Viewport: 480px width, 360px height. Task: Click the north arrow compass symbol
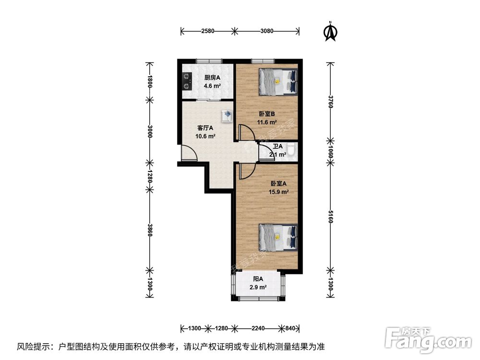pyautogui.click(x=330, y=31)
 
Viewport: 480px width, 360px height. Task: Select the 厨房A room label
pyautogui.click(x=212, y=78)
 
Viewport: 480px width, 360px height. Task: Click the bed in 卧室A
pyautogui.click(x=278, y=238)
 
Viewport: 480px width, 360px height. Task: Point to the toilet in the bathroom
pyautogui.click(x=292, y=151)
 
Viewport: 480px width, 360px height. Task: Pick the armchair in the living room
pyautogui.click(x=228, y=116)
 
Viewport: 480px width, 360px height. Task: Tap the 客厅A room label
pyautogui.click(x=205, y=128)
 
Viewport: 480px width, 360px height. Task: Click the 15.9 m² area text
pyautogui.click(x=278, y=192)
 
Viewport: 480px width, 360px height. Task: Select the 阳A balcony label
pyautogui.click(x=258, y=279)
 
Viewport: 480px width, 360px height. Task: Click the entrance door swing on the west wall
pyautogui.click(x=189, y=153)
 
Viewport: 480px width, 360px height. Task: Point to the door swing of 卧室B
pyautogui.click(x=246, y=133)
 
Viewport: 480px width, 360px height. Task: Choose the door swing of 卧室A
pyautogui.click(x=246, y=171)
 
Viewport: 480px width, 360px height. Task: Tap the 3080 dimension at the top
pyautogui.click(x=266, y=31)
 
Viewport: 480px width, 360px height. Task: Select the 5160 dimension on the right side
pyautogui.click(x=330, y=216)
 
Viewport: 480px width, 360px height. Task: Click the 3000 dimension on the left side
pyautogui.click(x=149, y=131)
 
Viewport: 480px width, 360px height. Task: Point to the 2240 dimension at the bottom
pyautogui.click(x=258, y=328)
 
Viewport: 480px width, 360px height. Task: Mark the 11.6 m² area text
pyautogui.click(x=267, y=122)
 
